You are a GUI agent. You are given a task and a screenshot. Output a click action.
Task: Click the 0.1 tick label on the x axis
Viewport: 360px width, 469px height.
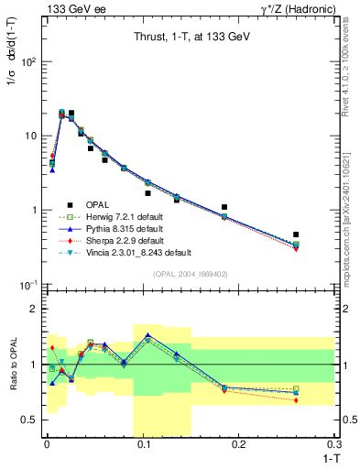tap(143, 444)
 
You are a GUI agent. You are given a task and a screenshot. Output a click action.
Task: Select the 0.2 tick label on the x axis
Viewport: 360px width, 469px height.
tap(239, 444)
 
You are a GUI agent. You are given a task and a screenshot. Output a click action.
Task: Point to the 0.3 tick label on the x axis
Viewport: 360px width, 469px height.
tap(334, 444)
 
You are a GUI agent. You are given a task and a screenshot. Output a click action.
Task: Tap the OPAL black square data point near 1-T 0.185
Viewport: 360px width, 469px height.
tap(224, 207)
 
